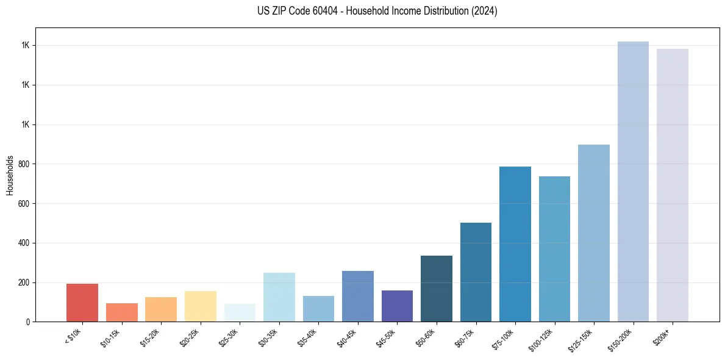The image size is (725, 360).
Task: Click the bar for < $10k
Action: (82, 303)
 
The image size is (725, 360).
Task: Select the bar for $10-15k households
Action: (121, 312)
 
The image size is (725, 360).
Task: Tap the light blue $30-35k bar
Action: (279, 297)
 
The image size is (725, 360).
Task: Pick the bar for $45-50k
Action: (397, 306)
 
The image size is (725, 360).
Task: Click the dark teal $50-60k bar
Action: (437, 289)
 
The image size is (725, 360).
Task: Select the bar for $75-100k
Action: (515, 244)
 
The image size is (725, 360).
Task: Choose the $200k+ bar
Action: (673, 185)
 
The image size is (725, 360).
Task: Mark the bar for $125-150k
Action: (594, 233)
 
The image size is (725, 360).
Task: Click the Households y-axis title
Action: (10, 175)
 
